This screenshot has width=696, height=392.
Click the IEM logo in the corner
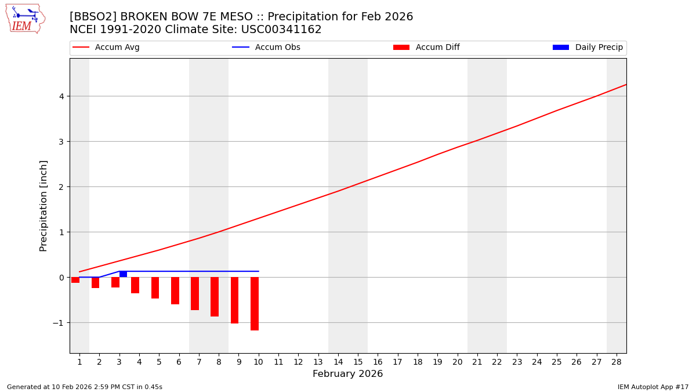point(25,19)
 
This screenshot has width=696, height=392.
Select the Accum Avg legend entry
point(106,48)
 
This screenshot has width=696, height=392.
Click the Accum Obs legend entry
point(266,48)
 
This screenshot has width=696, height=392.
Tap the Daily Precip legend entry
point(588,48)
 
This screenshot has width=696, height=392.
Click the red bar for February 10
point(255,304)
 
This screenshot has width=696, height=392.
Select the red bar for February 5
point(155,287)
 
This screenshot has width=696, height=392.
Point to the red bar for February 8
point(215,297)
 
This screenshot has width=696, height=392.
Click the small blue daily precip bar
point(123,274)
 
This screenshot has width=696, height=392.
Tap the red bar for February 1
point(75,280)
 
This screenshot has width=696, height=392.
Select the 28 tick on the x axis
point(617,362)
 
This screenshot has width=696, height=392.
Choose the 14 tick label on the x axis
point(338,362)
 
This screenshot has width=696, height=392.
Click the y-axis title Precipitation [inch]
point(43,206)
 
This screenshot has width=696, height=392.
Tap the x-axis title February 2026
point(347,374)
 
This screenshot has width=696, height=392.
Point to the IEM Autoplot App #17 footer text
point(652,387)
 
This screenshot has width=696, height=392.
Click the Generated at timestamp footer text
point(85,387)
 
